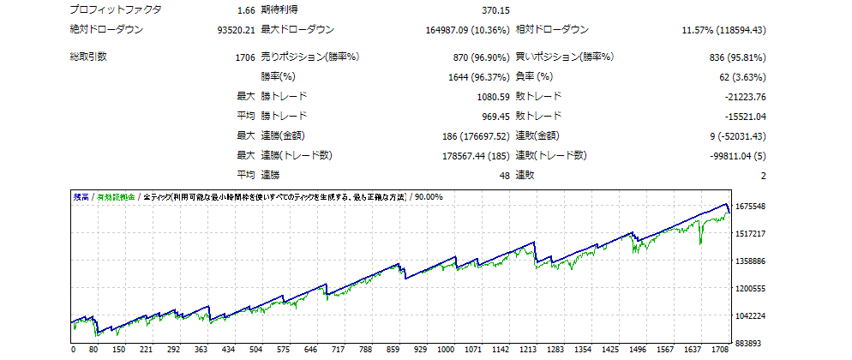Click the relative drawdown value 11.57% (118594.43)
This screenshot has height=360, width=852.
pyautogui.click(x=723, y=30)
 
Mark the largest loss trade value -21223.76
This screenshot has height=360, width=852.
pyautogui.click(x=740, y=97)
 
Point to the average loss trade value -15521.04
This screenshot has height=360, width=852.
pyautogui.click(x=740, y=117)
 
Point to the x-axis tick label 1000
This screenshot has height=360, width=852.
pyautogui.click(x=446, y=351)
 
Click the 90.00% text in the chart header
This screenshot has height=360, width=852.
pyautogui.click(x=429, y=196)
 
